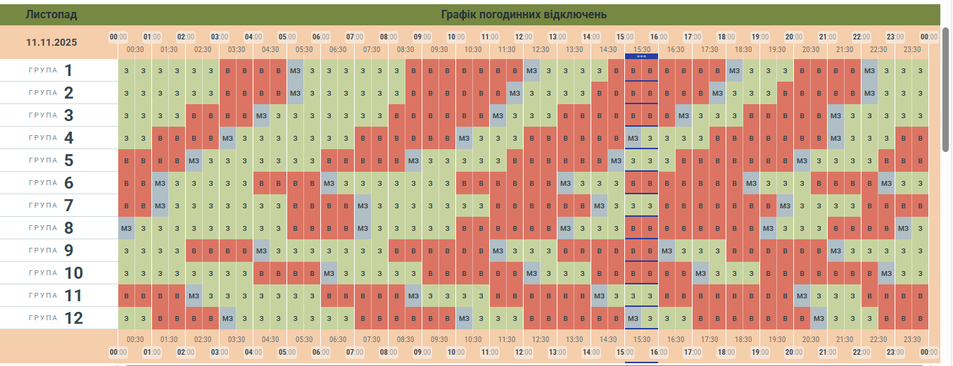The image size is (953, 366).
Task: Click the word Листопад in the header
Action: click(x=51, y=14)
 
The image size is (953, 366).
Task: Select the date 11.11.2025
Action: click(x=51, y=42)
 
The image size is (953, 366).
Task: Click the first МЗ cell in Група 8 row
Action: click(x=127, y=228)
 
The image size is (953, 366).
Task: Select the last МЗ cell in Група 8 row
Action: click(x=904, y=228)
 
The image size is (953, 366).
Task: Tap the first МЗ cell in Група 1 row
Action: click(x=296, y=70)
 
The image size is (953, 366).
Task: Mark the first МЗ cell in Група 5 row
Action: click(x=194, y=160)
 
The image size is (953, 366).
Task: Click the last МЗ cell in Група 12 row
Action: click(x=819, y=318)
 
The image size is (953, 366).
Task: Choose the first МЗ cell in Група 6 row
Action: click(x=160, y=183)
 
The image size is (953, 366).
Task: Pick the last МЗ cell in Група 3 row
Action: click(x=835, y=115)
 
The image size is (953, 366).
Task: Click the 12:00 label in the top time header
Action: click(x=524, y=37)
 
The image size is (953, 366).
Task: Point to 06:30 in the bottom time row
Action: click(x=339, y=339)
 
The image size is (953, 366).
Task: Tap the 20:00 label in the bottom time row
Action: click(x=794, y=352)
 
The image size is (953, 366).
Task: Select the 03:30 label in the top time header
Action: click(x=236, y=49)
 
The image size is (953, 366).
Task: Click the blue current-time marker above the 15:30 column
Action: click(x=641, y=56)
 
